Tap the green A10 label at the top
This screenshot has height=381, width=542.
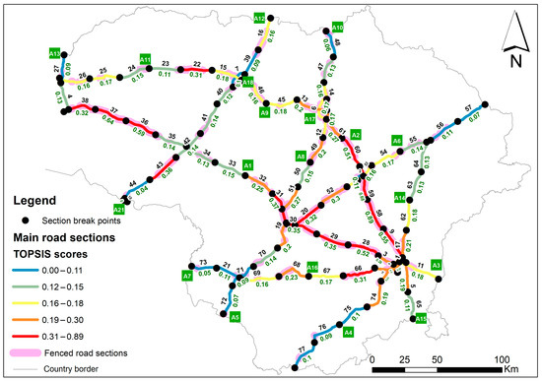tap(337, 29)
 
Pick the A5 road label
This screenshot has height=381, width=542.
tap(235, 317)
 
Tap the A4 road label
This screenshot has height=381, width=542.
tap(347, 333)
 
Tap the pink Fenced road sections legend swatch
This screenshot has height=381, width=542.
tap(25, 351)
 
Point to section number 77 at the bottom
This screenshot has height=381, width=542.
tap(301, 350)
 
